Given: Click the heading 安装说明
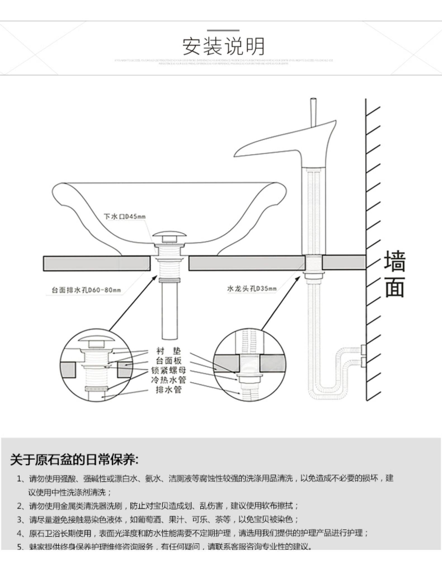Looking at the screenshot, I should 223,46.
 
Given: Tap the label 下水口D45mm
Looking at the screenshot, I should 124,216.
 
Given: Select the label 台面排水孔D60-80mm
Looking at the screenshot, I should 86,290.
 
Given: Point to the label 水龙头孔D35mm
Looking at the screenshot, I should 252,288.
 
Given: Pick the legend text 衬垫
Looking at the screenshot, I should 168,351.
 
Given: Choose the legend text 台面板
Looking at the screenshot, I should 168,361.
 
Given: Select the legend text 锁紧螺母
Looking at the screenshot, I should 168,370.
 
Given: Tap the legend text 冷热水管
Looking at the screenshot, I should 168,380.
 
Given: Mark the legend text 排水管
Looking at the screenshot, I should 168,390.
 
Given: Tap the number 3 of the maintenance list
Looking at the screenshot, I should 20,519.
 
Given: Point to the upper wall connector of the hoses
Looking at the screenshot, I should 363,349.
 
